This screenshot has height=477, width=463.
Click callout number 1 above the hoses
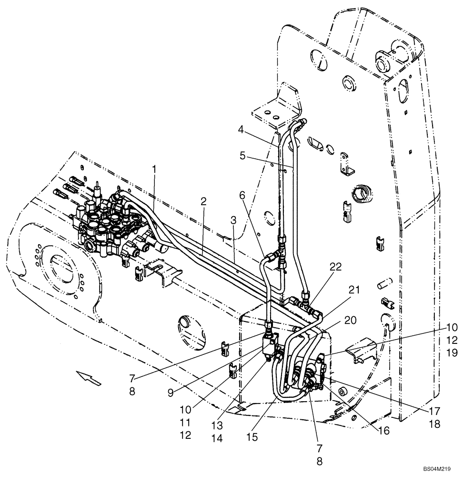click(x=154, y=168)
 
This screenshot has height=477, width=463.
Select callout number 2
click(x=203, y=201)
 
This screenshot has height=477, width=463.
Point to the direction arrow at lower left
click(x=91, y=379)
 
